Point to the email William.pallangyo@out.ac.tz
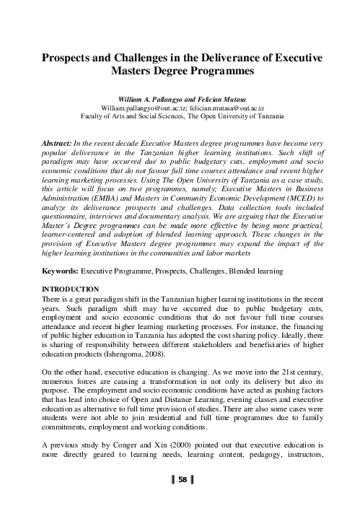pos(142,106)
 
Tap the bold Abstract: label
pos(58,144)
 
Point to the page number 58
pos(182,479)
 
